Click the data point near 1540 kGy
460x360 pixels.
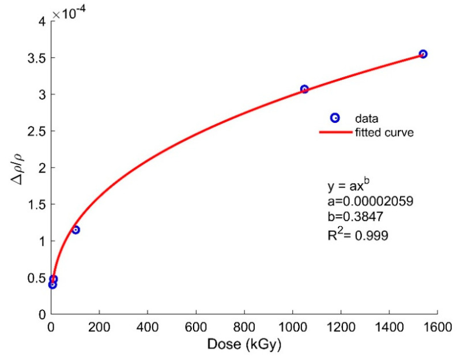423,54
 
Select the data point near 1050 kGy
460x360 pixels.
304,89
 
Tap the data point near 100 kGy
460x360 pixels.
76,230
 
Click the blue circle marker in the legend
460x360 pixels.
336,118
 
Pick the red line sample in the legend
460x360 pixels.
336,132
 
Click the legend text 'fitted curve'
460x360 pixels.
384,132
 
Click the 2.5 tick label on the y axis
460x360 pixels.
37,131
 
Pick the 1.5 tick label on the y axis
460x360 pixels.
37,204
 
